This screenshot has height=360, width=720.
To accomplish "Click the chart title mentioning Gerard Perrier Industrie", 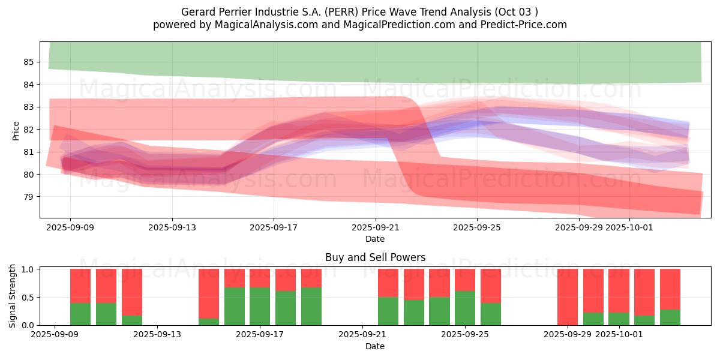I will point(360,12).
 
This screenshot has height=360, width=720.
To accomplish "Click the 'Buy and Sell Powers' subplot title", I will point(375,257).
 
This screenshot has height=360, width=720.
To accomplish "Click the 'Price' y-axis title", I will point(16,130).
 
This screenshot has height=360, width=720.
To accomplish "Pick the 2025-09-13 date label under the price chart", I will point(172,227).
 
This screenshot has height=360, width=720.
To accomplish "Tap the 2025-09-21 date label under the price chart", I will point(375,227).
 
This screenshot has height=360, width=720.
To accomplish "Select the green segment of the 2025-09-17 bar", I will point(260,306).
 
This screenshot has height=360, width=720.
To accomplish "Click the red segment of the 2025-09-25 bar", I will point(465,280).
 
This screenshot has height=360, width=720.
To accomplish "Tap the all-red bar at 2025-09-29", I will point(568,297).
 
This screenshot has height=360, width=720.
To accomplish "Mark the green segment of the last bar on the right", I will point(670,317).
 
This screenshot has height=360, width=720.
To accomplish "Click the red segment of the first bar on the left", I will point(80,286).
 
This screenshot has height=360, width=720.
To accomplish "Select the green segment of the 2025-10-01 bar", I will point(619,319).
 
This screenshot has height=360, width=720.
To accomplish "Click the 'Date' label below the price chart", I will point(375,239).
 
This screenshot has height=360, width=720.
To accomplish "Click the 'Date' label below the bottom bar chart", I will point(375,346).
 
